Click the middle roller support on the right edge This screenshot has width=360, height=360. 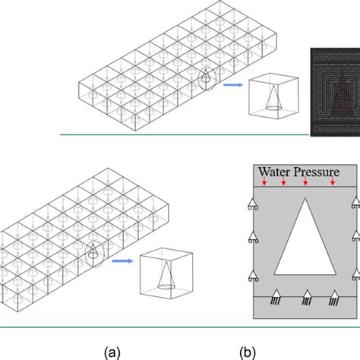[x=355, y=241]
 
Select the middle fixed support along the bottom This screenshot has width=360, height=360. [x=308, y=297]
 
